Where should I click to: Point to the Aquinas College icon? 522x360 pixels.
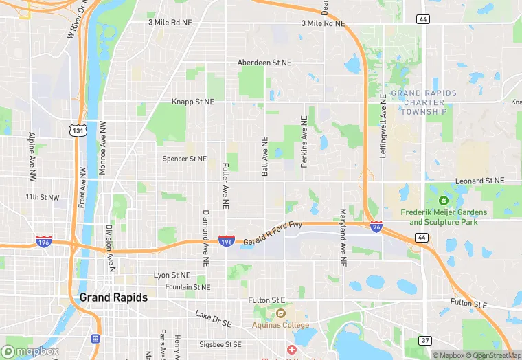[x=280, y=314]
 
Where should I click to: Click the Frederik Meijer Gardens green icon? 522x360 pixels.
[x=443, y=201]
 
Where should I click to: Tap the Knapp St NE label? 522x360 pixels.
[x=193, y=102]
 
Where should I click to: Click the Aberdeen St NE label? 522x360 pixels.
[x=264, y=63]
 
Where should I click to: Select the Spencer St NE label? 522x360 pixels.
[x=184, y=159]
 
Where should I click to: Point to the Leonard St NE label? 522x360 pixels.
[x=479, y=181]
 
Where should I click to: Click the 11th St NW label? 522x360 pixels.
[x=43, y=197]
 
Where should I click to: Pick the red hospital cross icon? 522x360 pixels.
[x=291, y=350]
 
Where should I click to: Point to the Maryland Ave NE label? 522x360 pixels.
[x=343, y=238]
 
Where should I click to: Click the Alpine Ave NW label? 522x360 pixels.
[x=32, y=157]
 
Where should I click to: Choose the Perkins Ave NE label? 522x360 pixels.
[x=304, y=142]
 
